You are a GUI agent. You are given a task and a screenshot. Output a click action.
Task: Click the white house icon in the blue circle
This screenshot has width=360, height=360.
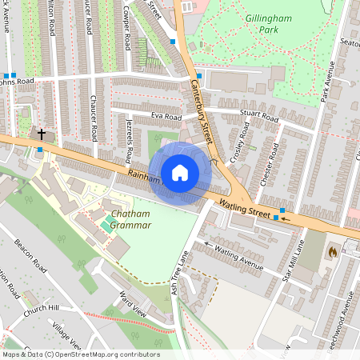[x=180, y=173]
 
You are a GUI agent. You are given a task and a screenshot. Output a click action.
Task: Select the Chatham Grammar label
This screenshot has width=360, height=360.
[x=132, y=220]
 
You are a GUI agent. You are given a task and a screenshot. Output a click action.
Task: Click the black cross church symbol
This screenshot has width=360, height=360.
[x=42, y=134]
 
